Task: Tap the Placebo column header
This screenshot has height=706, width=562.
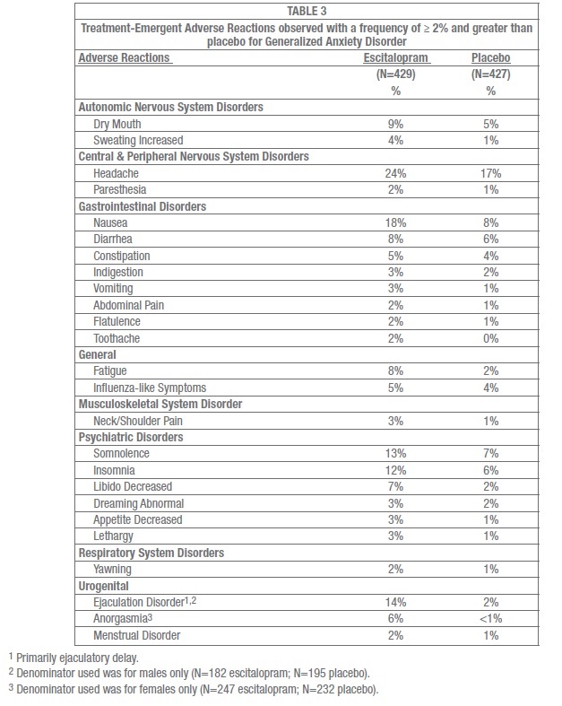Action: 490,57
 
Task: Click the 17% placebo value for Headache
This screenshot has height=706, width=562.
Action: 490,173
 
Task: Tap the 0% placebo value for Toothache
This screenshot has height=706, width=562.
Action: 490,339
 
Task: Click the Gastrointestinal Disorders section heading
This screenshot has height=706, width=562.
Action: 143,206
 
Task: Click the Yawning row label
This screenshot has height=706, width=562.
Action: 112,569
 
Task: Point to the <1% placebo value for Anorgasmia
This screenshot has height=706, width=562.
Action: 490,619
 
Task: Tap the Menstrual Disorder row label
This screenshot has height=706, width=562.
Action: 137,635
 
